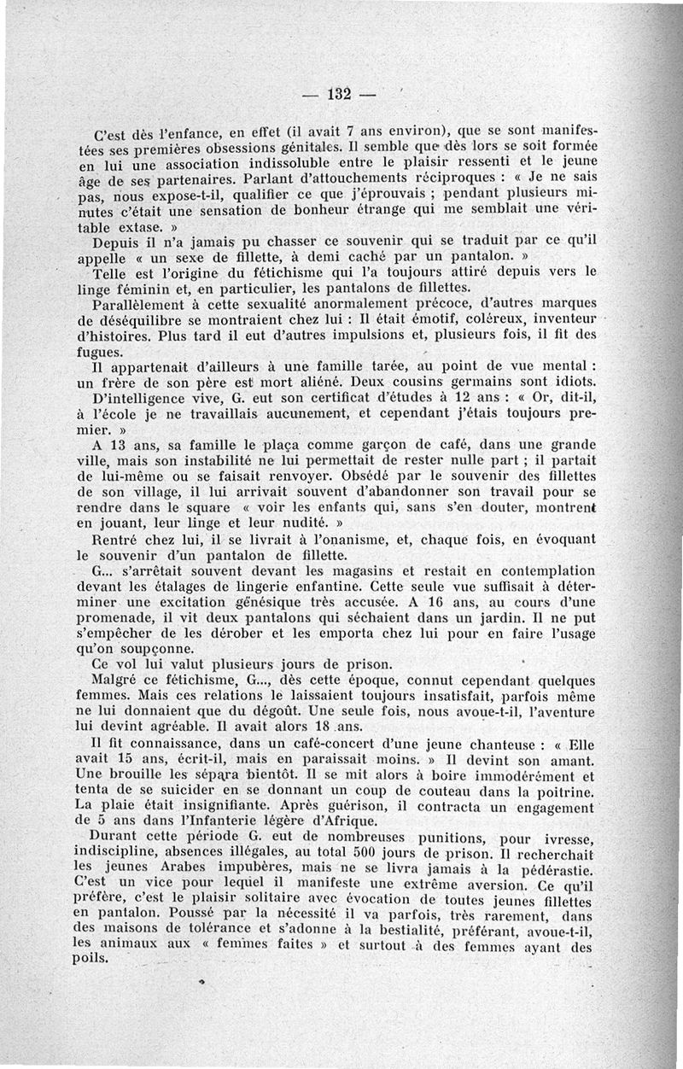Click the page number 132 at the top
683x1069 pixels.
point(340,94)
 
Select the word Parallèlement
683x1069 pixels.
point(141,306)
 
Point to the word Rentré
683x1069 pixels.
point(117,540)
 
